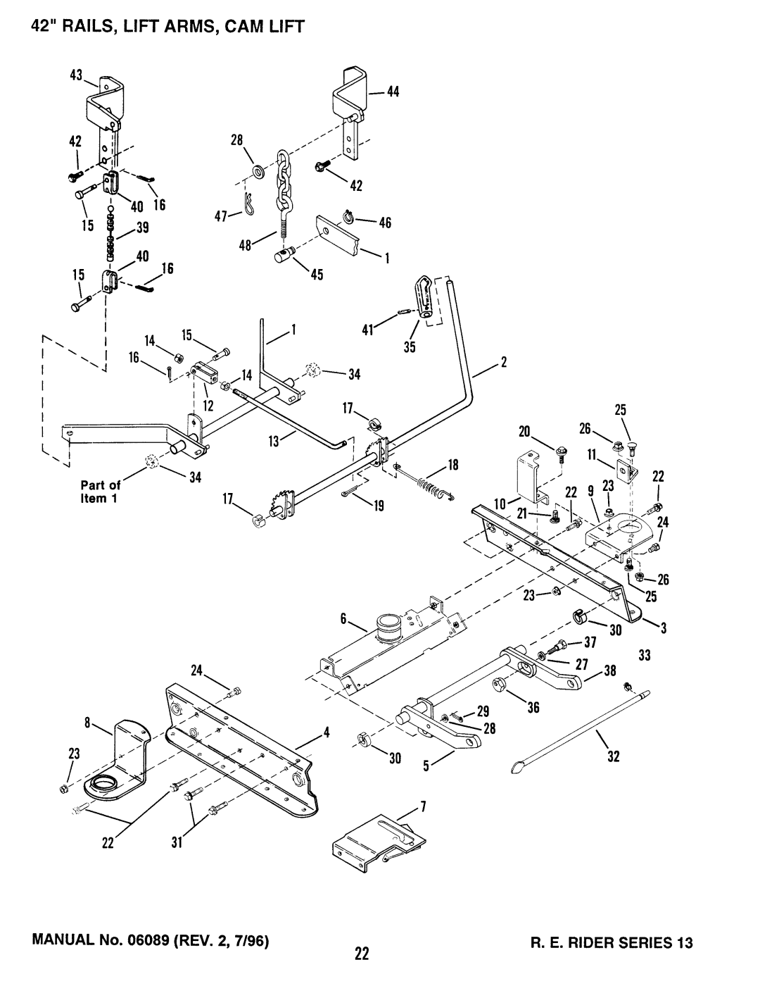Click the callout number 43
76,75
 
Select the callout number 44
393,92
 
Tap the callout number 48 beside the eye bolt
245,246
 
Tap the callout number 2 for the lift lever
503,363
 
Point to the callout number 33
644,655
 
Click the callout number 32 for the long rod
613,756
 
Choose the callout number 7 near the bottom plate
423,807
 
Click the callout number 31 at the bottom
177,842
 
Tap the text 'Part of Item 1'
101,492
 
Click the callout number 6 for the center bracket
343,618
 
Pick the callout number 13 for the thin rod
274,441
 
